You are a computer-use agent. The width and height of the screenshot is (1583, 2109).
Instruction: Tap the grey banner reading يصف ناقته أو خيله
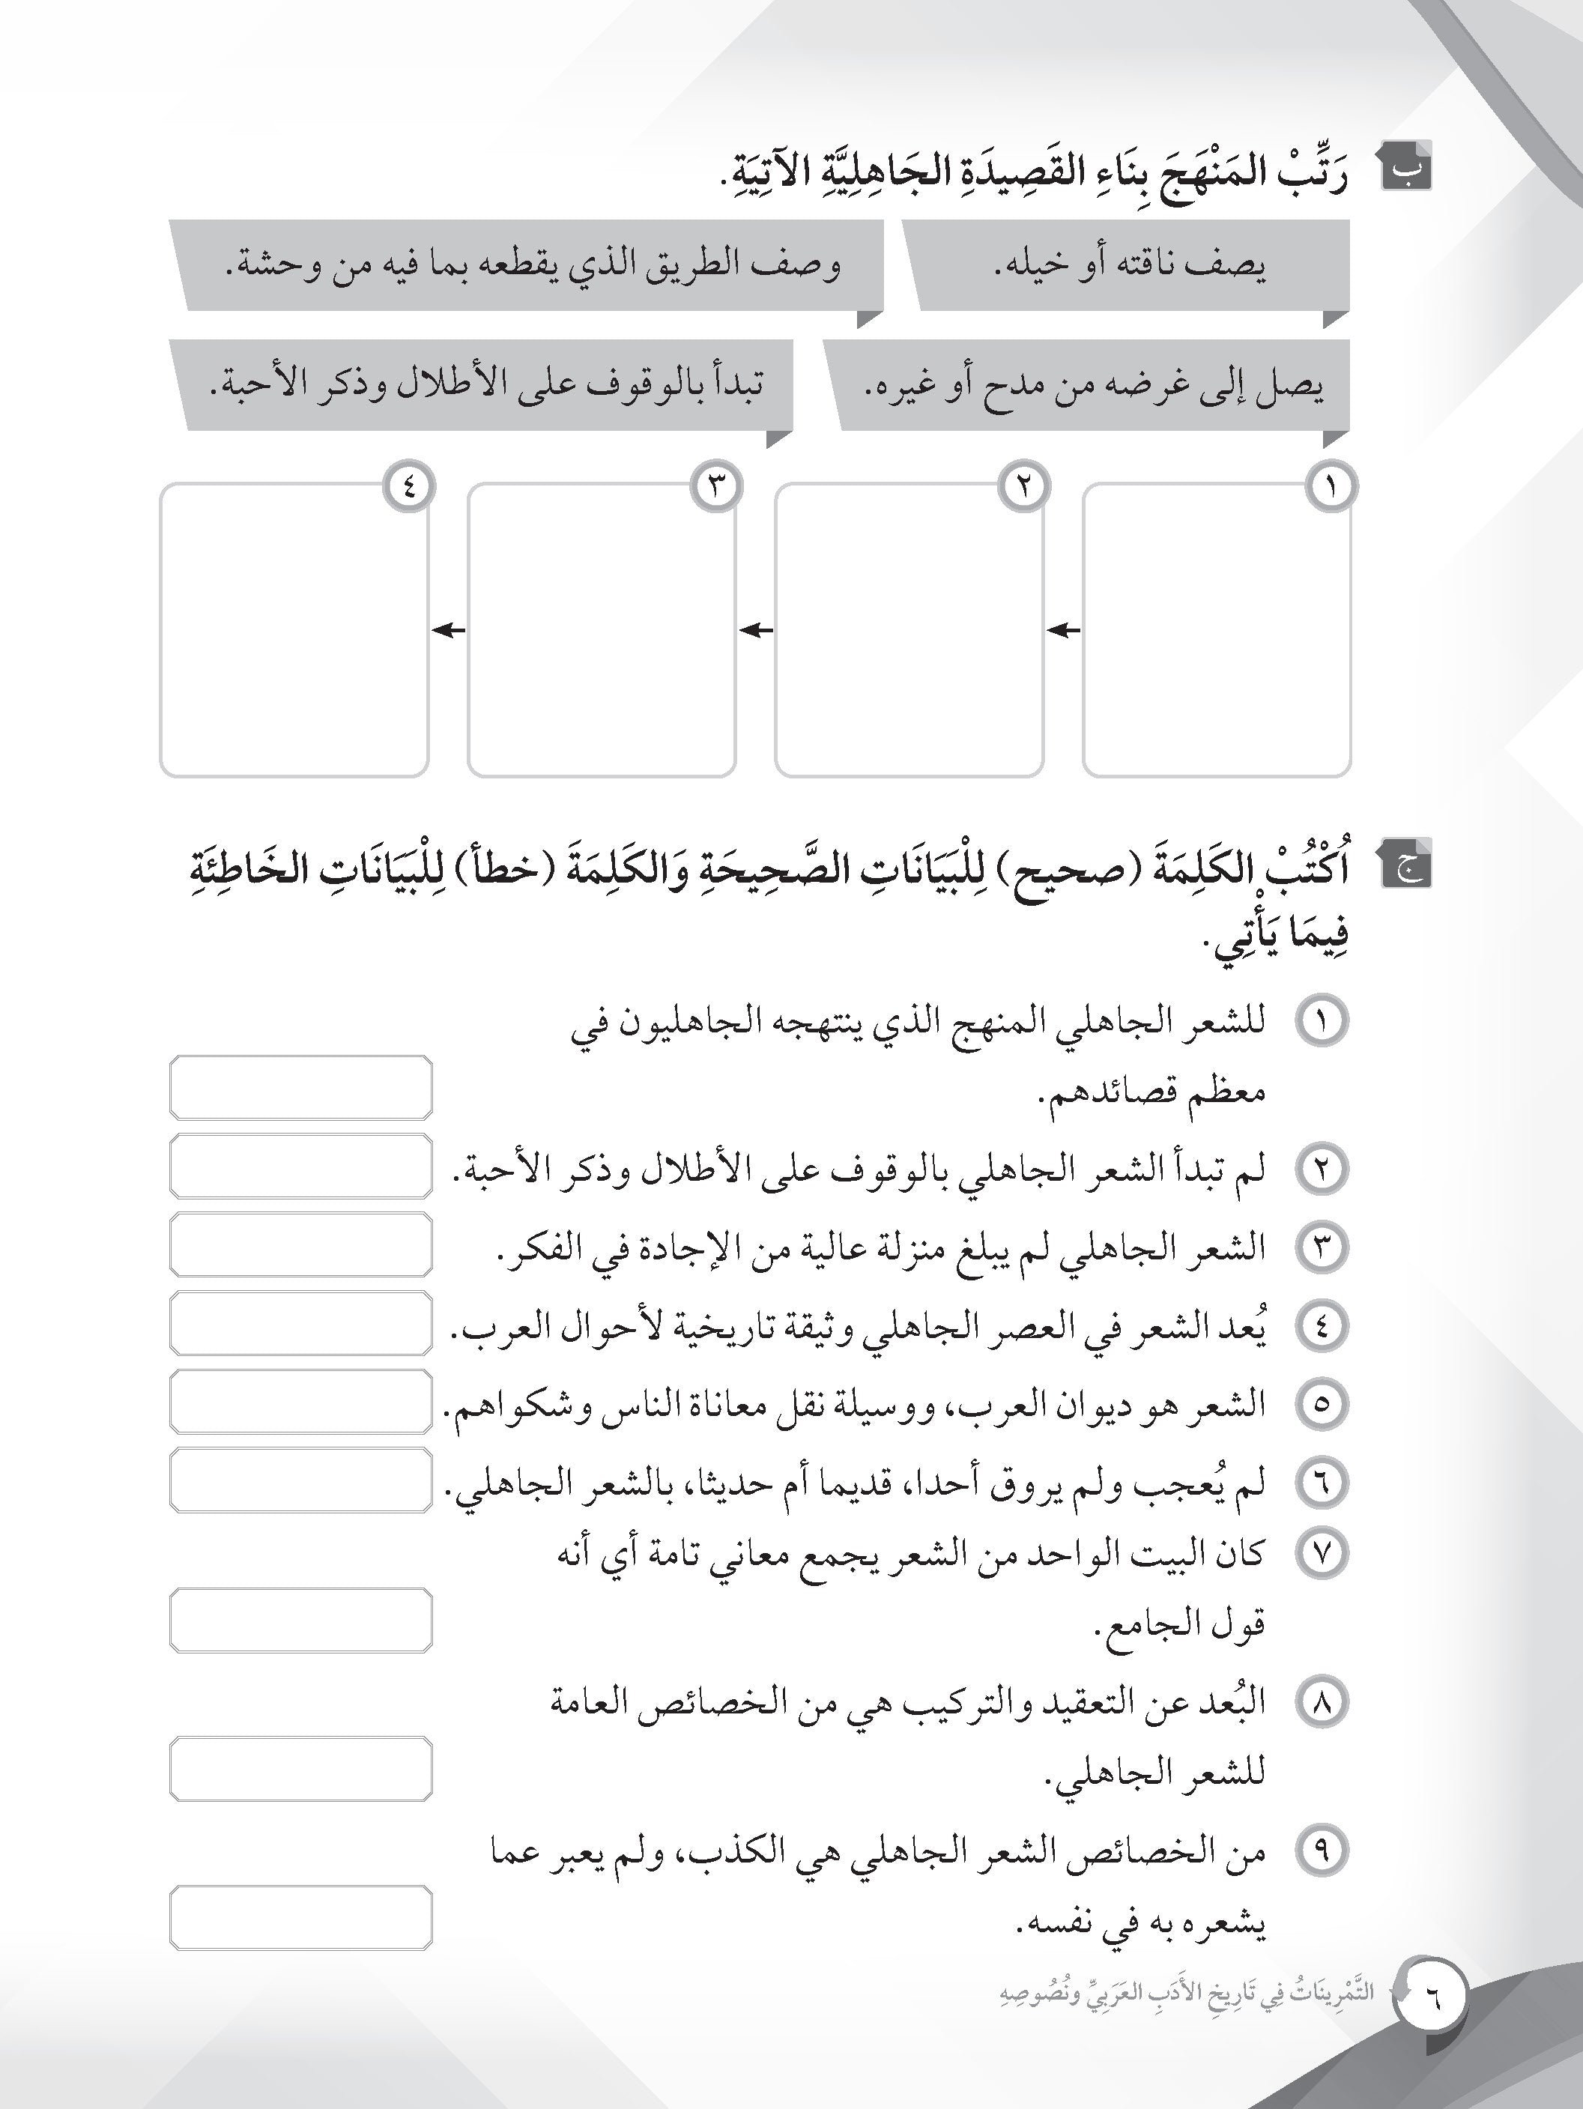(1130, 266)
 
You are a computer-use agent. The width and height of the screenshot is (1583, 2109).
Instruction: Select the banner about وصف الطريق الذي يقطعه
(529, 266)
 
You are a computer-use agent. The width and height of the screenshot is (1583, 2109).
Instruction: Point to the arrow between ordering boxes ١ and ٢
(1063, 630)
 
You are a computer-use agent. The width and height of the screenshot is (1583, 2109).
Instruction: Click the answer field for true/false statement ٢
(300, 1166)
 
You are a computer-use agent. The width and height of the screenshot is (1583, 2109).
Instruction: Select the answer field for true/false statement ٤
(300, 1323)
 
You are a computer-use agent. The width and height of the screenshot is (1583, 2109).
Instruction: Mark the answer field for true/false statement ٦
(300, 1480)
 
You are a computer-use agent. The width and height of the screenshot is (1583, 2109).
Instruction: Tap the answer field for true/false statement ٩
(300, 1916)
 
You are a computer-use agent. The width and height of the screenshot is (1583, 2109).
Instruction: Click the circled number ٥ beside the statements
(1322, 1403)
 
